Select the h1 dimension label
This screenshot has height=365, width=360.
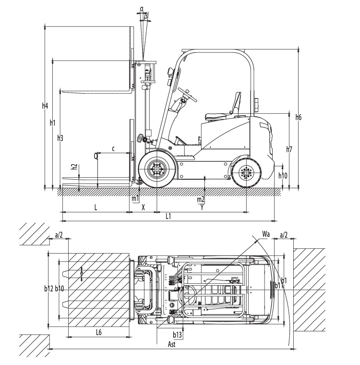point(53,122)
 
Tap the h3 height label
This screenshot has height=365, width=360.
point(60,138)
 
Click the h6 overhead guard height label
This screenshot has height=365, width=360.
point(299,117)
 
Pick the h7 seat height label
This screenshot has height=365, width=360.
point(289,149)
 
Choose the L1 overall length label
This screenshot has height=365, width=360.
point(168,217)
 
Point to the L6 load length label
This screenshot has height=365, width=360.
point(98,332)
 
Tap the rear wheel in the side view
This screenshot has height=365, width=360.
point(246,173)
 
